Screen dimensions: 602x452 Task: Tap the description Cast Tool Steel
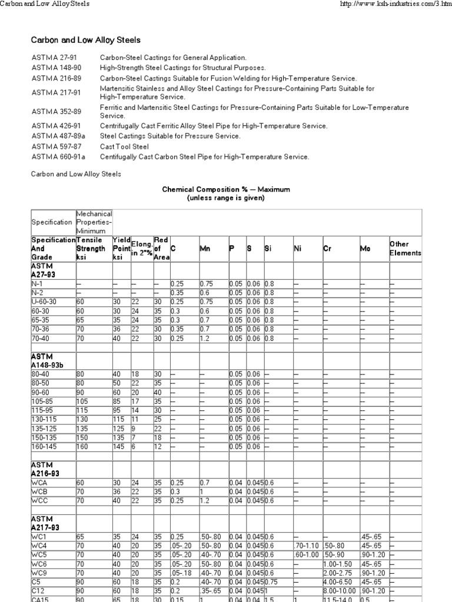pyautogui.click(x=124, y=146)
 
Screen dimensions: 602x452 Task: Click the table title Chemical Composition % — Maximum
pyautogui.click(x=226, y=190)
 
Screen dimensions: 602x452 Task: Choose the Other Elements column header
pyautogui.click(x=405, y=248)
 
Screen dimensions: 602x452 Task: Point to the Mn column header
pyautogui.click(x=205, y=249)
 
